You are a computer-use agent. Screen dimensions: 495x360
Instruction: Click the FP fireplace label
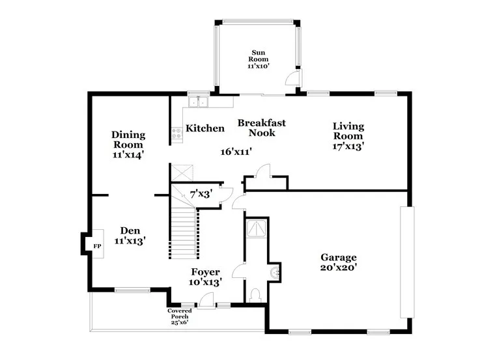click(97, 246)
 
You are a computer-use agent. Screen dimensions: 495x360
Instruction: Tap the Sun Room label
click(258, 55)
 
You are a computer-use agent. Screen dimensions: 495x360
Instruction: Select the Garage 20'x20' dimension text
click(339, 268)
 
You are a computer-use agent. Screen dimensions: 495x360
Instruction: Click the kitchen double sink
click(198, 102)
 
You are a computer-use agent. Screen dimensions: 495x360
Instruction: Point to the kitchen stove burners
click(177, 133)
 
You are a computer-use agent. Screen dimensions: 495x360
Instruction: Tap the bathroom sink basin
click(275, 272)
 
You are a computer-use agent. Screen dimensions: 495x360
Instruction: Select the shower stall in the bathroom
click(257, 228)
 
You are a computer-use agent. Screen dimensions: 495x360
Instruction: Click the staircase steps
click(184, 234)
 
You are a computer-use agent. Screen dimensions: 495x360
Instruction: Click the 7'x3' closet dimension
click(201, 194)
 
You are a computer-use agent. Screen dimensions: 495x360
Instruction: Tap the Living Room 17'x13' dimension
click(348, 146)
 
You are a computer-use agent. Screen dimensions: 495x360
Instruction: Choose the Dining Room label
click(128, 139)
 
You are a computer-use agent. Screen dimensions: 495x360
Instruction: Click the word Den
click(130, 230)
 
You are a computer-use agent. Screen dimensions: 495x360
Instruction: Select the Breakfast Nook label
click(262, 128)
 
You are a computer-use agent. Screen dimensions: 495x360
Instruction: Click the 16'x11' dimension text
click(236, 152)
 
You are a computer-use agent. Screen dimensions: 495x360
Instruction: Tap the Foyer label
click(206, 272)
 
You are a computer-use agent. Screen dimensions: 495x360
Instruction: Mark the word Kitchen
click(205, 128)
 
